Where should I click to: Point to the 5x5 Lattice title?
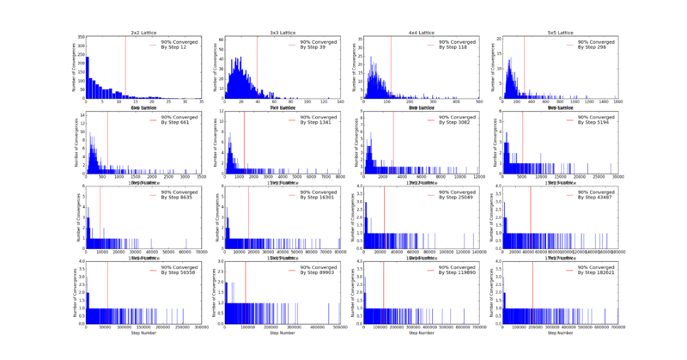(560, 33)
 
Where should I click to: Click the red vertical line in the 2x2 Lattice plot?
(125, 69)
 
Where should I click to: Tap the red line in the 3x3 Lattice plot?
(257, 69)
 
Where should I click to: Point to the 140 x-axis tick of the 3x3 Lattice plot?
(341, 102)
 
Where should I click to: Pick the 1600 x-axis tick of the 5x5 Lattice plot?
(617, 102)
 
